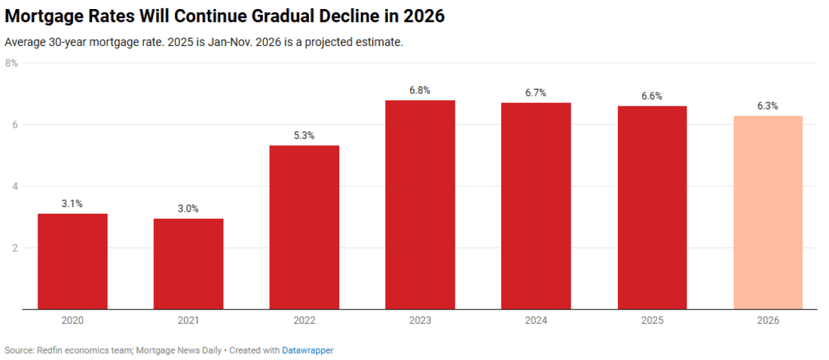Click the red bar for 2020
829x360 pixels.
pos(73,262)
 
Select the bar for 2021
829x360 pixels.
pos(188,264)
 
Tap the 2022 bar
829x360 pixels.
pos(304,227)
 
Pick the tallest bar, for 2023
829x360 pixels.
pos(420,205)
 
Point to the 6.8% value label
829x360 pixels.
pos(420,91)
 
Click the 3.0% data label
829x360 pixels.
pos(188,208)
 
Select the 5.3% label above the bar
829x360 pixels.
pos(304,135)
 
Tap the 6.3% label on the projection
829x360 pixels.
pos(768,106)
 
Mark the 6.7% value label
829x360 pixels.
pos(536,93)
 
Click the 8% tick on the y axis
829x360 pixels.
pos(11,63)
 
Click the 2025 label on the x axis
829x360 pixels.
pos(652,321)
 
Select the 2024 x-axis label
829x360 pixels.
pos(536,321)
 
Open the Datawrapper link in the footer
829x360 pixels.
pos(308,350)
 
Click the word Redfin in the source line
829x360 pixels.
pos(50,350)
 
